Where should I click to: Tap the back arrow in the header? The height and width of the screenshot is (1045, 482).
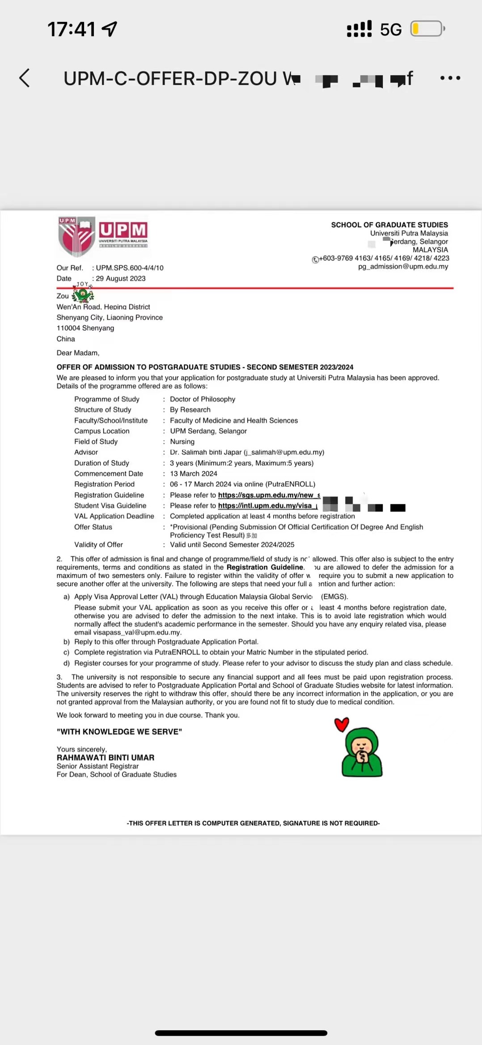click(25, 78)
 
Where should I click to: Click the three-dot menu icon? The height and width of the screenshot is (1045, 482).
click(450, 78)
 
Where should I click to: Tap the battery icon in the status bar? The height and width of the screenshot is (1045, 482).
click(427, 29)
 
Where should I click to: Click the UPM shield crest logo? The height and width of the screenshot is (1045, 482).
click(76, 236)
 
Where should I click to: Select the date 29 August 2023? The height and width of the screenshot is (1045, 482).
click(121, 278)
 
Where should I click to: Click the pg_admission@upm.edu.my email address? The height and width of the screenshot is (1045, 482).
click(403, 267)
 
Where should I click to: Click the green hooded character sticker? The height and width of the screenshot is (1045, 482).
click(362, 753)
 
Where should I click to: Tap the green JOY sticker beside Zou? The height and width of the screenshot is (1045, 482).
click(83, 293)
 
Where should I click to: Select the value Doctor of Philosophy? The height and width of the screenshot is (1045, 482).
click(203, 399)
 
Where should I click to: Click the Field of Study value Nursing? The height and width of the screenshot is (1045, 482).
click(182, 442)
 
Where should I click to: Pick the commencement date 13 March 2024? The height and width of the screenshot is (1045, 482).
click(194, 473)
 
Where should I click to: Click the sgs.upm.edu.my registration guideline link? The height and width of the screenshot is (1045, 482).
click(269, 495)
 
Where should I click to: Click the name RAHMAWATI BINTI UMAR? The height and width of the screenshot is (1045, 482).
click(106, 757)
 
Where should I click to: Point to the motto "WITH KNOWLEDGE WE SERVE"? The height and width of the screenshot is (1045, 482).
click(119, 731)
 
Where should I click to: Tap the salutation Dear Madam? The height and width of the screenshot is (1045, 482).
click(78, 353)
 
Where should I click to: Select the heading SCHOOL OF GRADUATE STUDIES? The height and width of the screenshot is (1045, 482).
click(389, 225)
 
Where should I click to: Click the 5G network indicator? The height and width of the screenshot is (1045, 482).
click(391, 30)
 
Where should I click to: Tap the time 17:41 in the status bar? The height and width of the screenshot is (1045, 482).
click(72, 30)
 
